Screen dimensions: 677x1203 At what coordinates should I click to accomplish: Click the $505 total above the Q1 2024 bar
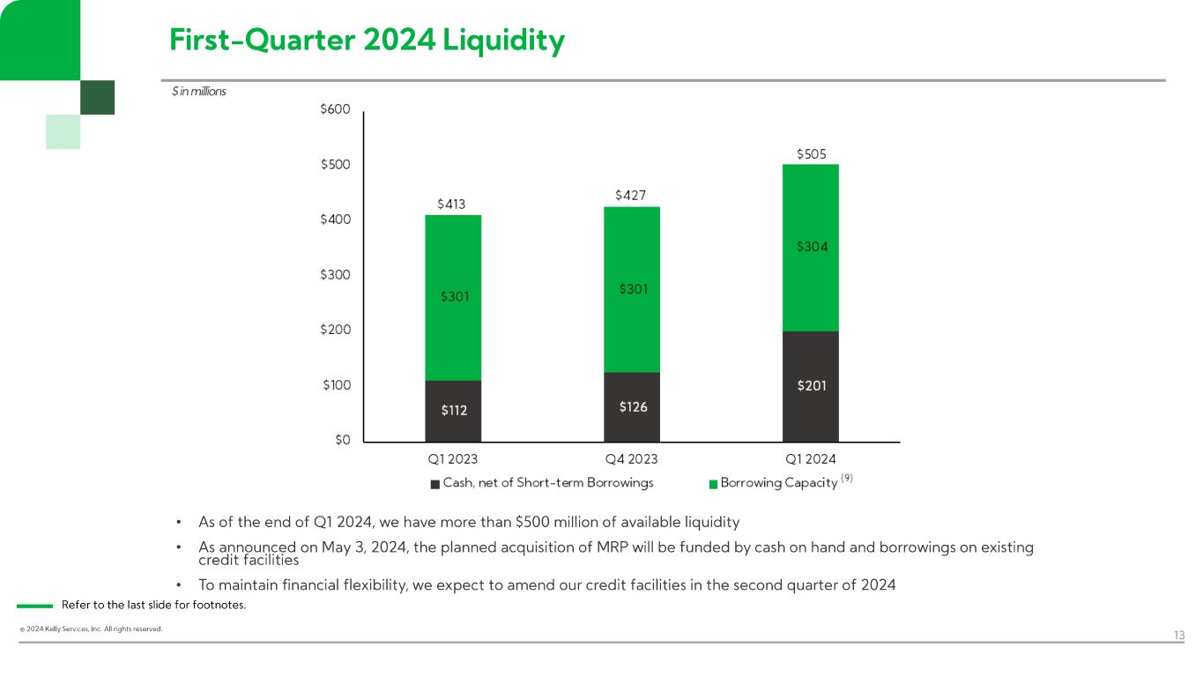[811, 154]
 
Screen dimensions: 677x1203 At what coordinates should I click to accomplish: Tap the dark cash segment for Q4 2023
[632, 406]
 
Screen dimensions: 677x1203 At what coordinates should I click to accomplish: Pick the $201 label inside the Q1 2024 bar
[811, 386]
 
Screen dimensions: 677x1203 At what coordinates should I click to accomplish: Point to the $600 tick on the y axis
[336, 109]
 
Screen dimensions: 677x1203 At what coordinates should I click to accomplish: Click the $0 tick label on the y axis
[341, 440]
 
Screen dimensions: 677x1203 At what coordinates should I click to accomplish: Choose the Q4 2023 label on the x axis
[631, 459]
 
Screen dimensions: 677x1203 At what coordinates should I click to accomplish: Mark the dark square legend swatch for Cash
[435, 483]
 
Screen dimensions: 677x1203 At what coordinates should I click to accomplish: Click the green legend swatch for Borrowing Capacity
[713, 483]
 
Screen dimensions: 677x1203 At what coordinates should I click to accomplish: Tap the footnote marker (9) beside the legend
[847, 479]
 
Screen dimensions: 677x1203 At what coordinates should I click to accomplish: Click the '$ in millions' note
[199, 92]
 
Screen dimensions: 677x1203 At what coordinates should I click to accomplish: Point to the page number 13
[1179, 636]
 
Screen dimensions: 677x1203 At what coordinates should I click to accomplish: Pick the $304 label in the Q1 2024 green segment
[811, 248]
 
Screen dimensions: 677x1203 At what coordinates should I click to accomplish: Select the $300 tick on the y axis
[336, 275]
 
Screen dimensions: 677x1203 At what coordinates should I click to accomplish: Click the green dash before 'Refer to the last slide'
[35, 606]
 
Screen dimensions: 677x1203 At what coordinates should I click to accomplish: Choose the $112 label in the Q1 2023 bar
[453, 410]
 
